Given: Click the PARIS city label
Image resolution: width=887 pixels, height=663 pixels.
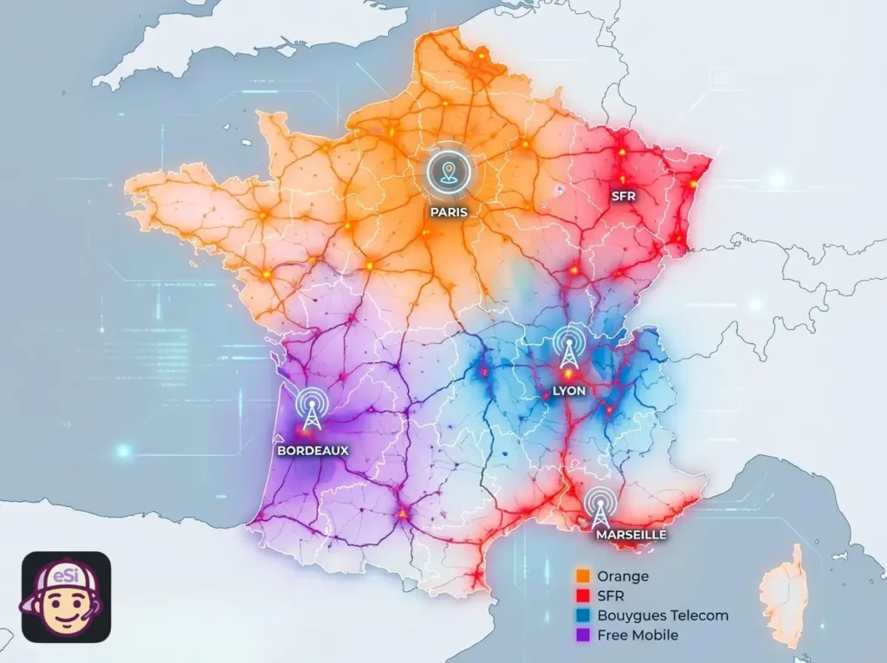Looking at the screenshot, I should tap(448, 211).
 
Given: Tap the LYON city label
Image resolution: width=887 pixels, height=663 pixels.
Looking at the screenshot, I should tap(568, 391).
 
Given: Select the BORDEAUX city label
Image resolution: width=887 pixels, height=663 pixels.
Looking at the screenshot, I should tap(313, 451).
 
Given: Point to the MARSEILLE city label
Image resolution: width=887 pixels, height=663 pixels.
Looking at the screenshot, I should tap(631, 535).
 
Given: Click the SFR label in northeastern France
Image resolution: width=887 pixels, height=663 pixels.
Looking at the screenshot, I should tap(623, 196).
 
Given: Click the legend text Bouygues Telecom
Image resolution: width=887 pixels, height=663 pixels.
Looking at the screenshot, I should tap(663, 615).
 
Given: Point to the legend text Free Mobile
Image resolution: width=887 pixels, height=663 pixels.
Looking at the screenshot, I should tap(638, 635).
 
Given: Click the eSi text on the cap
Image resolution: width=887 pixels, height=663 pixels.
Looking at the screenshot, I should tap(66, 576).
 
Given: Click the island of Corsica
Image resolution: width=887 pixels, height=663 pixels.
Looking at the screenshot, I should tap(787, 596).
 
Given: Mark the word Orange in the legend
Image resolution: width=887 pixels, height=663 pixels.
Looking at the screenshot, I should tap(623, 576).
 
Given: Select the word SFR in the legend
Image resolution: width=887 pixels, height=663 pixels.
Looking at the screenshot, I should tap(611, 596).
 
